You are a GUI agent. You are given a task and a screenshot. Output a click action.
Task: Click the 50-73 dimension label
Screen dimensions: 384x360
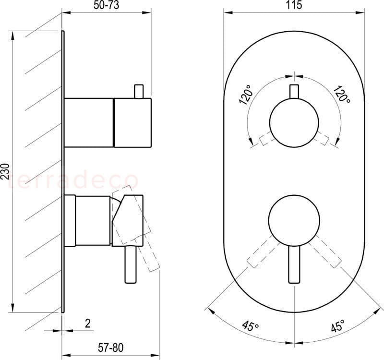(106, 5)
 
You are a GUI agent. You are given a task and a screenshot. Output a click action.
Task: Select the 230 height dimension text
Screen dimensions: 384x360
(5, 172)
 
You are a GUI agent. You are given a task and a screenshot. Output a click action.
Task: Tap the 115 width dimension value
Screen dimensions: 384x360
(294, 5)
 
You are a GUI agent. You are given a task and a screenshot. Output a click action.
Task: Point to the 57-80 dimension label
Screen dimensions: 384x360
(111, 348)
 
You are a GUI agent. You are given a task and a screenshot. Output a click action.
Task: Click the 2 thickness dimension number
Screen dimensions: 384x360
(88, 323)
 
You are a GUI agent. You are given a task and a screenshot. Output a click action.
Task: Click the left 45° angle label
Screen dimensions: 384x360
(250, 326)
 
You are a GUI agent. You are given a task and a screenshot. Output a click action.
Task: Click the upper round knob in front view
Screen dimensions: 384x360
(294, 122)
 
